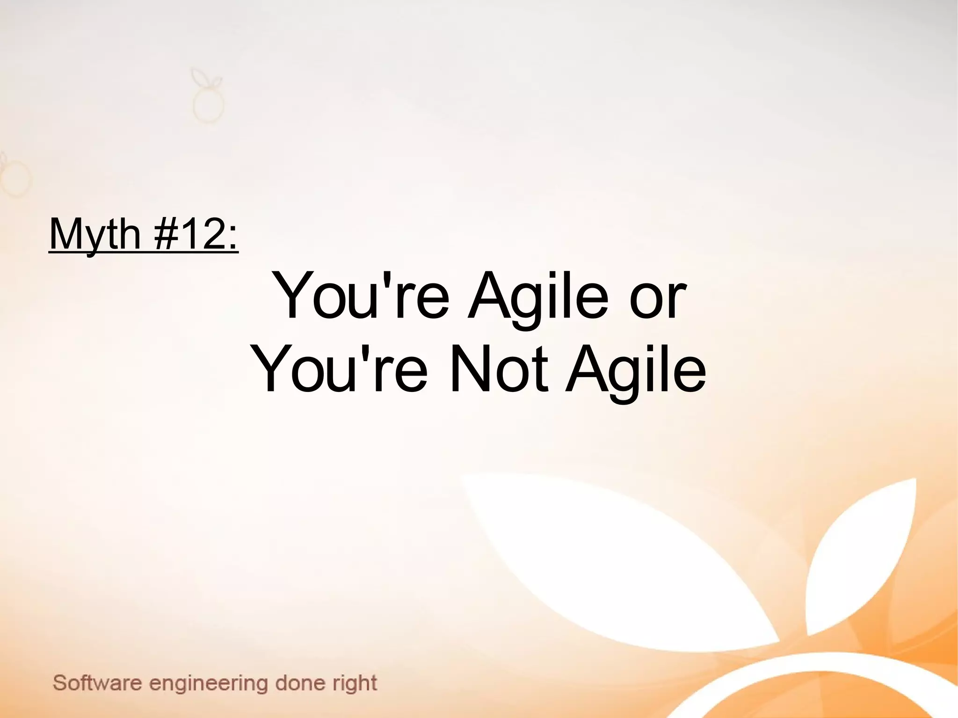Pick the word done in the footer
pyautogui.click(x=300, y=682)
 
